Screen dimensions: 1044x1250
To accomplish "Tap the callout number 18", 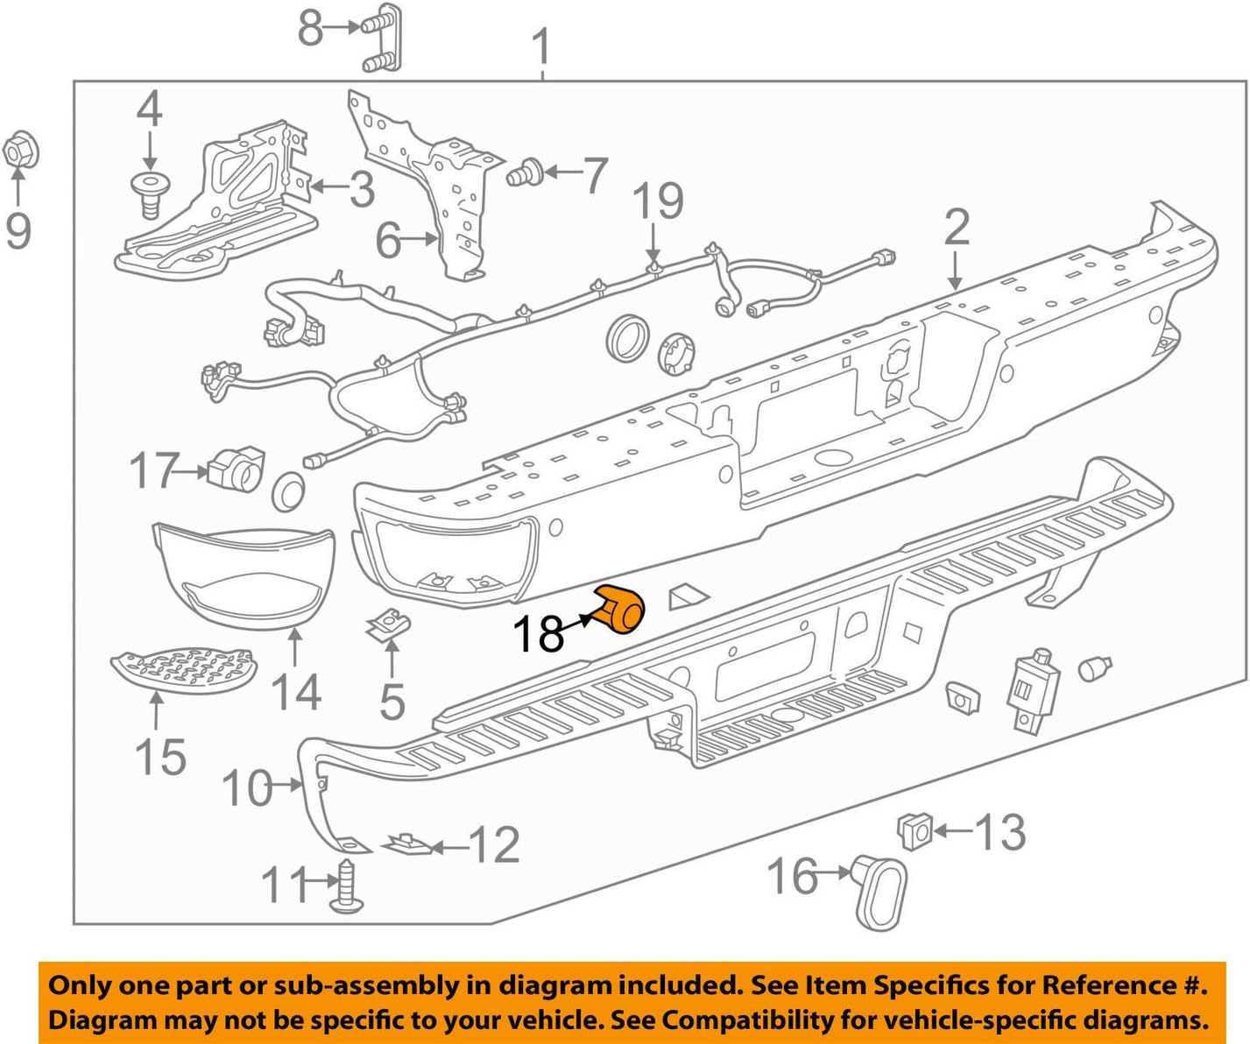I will coord(538,634).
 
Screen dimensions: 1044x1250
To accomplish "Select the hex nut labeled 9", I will coord(20,152).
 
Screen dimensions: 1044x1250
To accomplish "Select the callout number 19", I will coord(658,201).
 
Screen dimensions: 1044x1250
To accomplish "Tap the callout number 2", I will coord(957,227).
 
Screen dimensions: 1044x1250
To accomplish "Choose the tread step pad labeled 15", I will coord(183,670).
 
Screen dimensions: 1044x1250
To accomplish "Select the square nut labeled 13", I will coord(914,829).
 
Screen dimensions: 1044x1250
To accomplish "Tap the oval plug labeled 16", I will coord(879,890).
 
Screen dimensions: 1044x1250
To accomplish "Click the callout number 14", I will coord(296,691).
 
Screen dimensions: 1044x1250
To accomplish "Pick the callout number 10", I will coord(247,788).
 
